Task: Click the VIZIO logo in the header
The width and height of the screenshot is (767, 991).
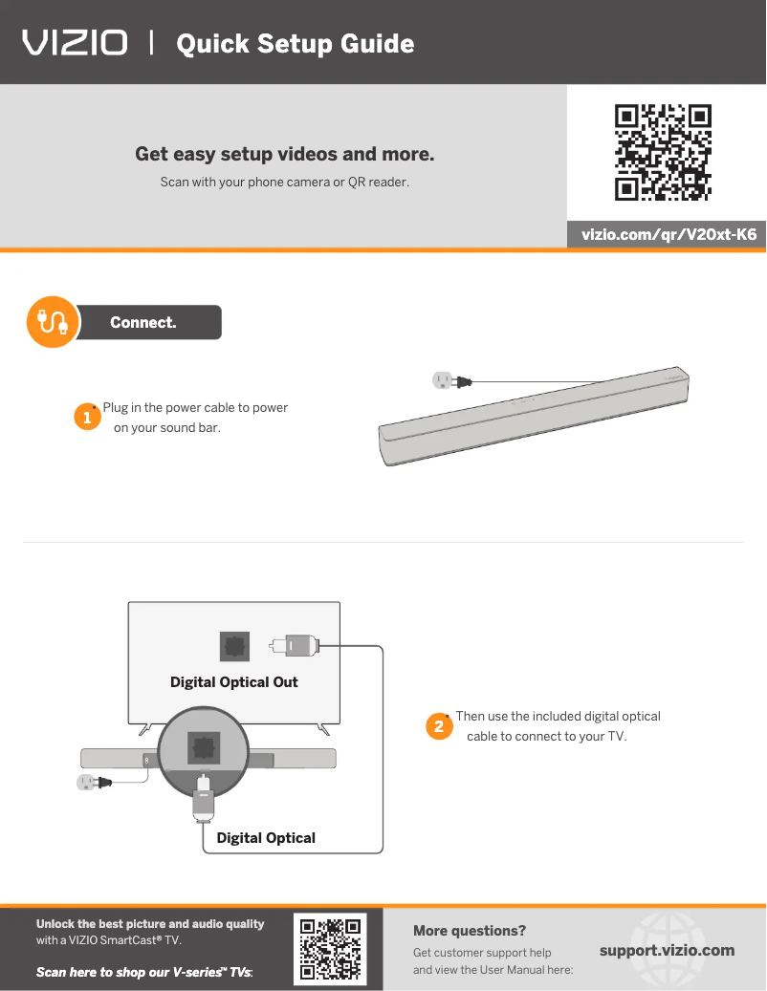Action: click(x=75, y=43)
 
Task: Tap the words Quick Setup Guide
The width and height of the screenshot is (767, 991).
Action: click(x=296, y=44)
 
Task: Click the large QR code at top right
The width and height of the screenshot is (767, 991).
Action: click(x=663, y=152)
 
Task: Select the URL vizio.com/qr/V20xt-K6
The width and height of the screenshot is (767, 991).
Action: click(x=669, y=234)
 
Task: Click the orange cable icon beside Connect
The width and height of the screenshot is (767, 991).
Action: click(x=54, y=322)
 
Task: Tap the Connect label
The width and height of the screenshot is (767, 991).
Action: click(x=142, y=322)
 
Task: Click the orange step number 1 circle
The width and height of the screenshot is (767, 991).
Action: click(x=87, y=417)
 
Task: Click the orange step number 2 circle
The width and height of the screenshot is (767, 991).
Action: click(x=439, y=726)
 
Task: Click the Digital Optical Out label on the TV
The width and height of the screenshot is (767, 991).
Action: click(x=234, y=682)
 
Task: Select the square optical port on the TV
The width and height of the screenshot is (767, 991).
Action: click(x=234, y=647)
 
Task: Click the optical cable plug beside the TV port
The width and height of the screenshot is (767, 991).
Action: click(x=294, y=646)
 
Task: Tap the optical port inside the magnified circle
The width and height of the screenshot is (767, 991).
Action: click(x=204, y=747)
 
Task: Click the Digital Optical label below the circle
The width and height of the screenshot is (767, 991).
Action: click(x=266, y=838)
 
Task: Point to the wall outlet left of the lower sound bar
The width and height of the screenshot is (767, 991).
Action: click(x=94, y=783)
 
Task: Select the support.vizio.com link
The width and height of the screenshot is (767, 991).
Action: click(x=668, y=951)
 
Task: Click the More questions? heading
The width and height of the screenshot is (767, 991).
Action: click(x=470, y=931)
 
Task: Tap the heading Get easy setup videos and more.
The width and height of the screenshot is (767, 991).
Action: click(x=285, y=154)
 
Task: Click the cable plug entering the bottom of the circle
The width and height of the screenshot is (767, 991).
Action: click(x=203, y=798)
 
